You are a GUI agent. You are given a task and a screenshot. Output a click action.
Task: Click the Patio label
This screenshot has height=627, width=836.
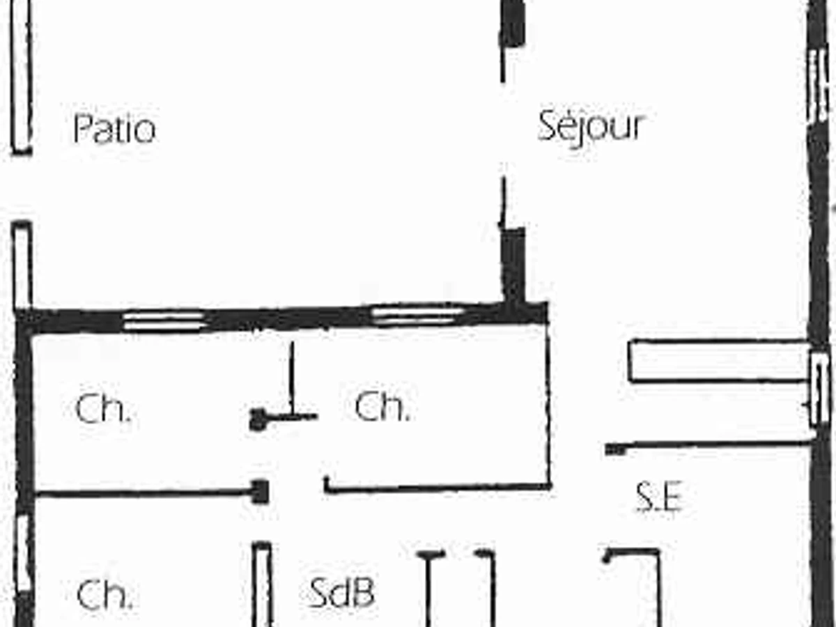(114, 130)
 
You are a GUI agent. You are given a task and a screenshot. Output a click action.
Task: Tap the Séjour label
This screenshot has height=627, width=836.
(591, 127)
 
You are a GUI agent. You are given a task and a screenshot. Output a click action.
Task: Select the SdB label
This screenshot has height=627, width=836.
(341, 593)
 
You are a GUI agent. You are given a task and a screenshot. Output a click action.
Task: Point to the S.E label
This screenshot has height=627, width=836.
(658, 499)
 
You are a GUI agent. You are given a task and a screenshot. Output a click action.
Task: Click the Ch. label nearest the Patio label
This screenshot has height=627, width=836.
(102, 410)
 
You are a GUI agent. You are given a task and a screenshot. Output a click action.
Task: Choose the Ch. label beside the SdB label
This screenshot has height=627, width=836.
(104, 595)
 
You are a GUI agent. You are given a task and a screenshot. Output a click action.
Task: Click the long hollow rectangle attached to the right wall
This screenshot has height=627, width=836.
(718, 361)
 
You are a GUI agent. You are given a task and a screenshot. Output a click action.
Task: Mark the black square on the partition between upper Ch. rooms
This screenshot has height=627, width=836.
(258, 419)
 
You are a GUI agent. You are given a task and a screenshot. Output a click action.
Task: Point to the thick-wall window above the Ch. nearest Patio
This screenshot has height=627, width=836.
(164, 321)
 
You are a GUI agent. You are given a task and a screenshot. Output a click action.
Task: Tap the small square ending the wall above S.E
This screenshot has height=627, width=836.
(615, 450)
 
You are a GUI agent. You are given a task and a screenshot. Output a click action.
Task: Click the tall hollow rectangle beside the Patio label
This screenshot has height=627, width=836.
(22, 77)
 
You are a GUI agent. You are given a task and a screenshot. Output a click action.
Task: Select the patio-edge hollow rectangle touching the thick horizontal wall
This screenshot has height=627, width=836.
(22, 265)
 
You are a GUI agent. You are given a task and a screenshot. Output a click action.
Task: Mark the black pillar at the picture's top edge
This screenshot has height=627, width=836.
(513, 22)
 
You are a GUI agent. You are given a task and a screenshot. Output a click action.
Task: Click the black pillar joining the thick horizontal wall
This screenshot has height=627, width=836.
(514, 265)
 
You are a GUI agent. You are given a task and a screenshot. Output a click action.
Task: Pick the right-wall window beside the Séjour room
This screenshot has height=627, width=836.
(818, 84)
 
